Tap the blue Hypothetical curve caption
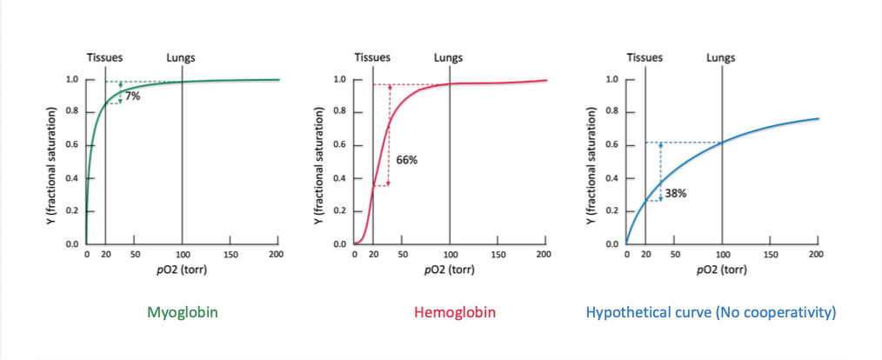tap(711, 312)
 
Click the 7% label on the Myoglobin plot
tap(132, 97)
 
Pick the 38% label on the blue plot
tap(676, 193)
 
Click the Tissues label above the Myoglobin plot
tap(104, 58)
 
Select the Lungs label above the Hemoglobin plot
tap(449, 58)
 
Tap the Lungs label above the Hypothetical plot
tap(720, 58)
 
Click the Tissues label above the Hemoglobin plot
tap(372, 58)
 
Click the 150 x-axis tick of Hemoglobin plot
tap(498, 255)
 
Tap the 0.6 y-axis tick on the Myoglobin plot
tap(73, 145)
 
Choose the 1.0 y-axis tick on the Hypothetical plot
tap(612, 80)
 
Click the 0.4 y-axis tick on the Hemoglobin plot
tap(341, 178)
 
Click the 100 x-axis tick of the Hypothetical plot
tap(721, 255)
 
